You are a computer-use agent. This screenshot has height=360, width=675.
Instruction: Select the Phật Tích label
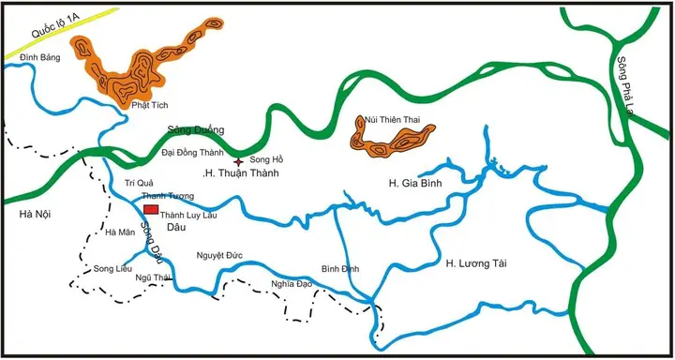pos(148,106)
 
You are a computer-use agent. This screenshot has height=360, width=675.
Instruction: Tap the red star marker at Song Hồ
pos(238,161)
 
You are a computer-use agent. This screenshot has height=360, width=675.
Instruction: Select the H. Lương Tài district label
pos(477,262)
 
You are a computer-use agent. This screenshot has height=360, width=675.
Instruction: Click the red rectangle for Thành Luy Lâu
pos(151,210)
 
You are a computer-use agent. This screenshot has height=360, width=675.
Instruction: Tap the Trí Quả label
pos(138,183)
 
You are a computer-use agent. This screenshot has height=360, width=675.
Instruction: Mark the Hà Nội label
pos(35,215)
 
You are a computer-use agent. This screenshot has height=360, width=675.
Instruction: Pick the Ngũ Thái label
pos(154,277)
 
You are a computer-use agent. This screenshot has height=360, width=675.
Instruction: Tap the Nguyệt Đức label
pos(219,255)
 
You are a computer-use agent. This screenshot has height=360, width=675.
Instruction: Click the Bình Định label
pos(339,269)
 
